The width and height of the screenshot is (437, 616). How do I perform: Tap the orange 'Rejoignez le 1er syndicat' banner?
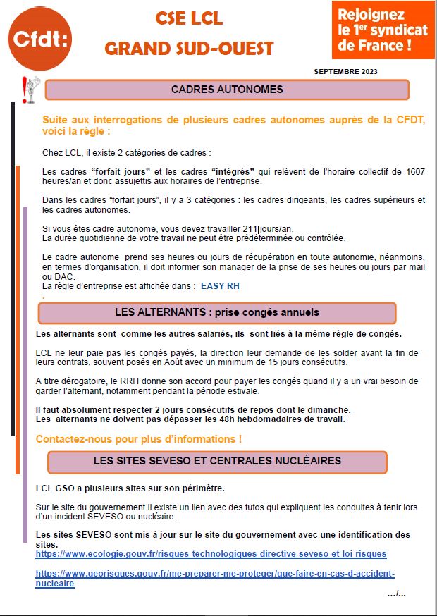[383, 31]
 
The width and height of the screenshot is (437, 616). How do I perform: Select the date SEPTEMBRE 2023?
[345, 72]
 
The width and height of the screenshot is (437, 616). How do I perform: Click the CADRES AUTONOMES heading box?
[227, 90]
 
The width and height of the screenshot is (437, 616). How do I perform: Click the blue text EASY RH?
[220, 286]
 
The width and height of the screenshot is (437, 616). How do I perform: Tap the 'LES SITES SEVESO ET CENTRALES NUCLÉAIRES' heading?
[217, 462]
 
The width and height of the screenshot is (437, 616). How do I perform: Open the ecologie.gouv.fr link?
[211, 554]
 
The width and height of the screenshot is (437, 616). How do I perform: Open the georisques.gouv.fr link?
[215, 578]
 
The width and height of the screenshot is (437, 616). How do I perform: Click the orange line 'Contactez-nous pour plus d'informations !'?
[139, 439]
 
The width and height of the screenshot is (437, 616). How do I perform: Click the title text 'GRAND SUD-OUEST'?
[189, 49]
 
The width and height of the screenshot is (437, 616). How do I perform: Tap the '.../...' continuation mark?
[396, 593]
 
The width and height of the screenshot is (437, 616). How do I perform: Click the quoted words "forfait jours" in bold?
[121, 171]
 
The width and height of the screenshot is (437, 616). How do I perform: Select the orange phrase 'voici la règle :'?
[76, 131]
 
